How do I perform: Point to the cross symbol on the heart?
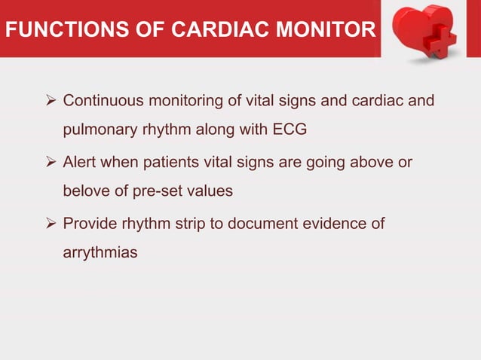coord(440,37)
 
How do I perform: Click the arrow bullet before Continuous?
coord(51,100)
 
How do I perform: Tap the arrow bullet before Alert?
coord(51,162)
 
